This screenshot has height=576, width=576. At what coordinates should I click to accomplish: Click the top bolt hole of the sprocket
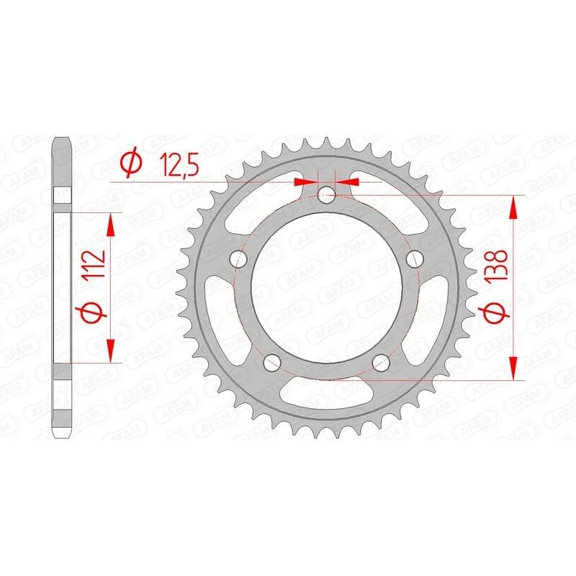pos(327,193)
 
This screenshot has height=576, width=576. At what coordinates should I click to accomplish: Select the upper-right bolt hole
pos(413,258)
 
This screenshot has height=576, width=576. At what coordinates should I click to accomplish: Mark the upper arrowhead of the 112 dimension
pos(111,225)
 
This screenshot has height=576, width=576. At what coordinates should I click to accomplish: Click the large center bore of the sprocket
pos(325,287)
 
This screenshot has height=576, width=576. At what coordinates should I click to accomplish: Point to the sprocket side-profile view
pos(63,288)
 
